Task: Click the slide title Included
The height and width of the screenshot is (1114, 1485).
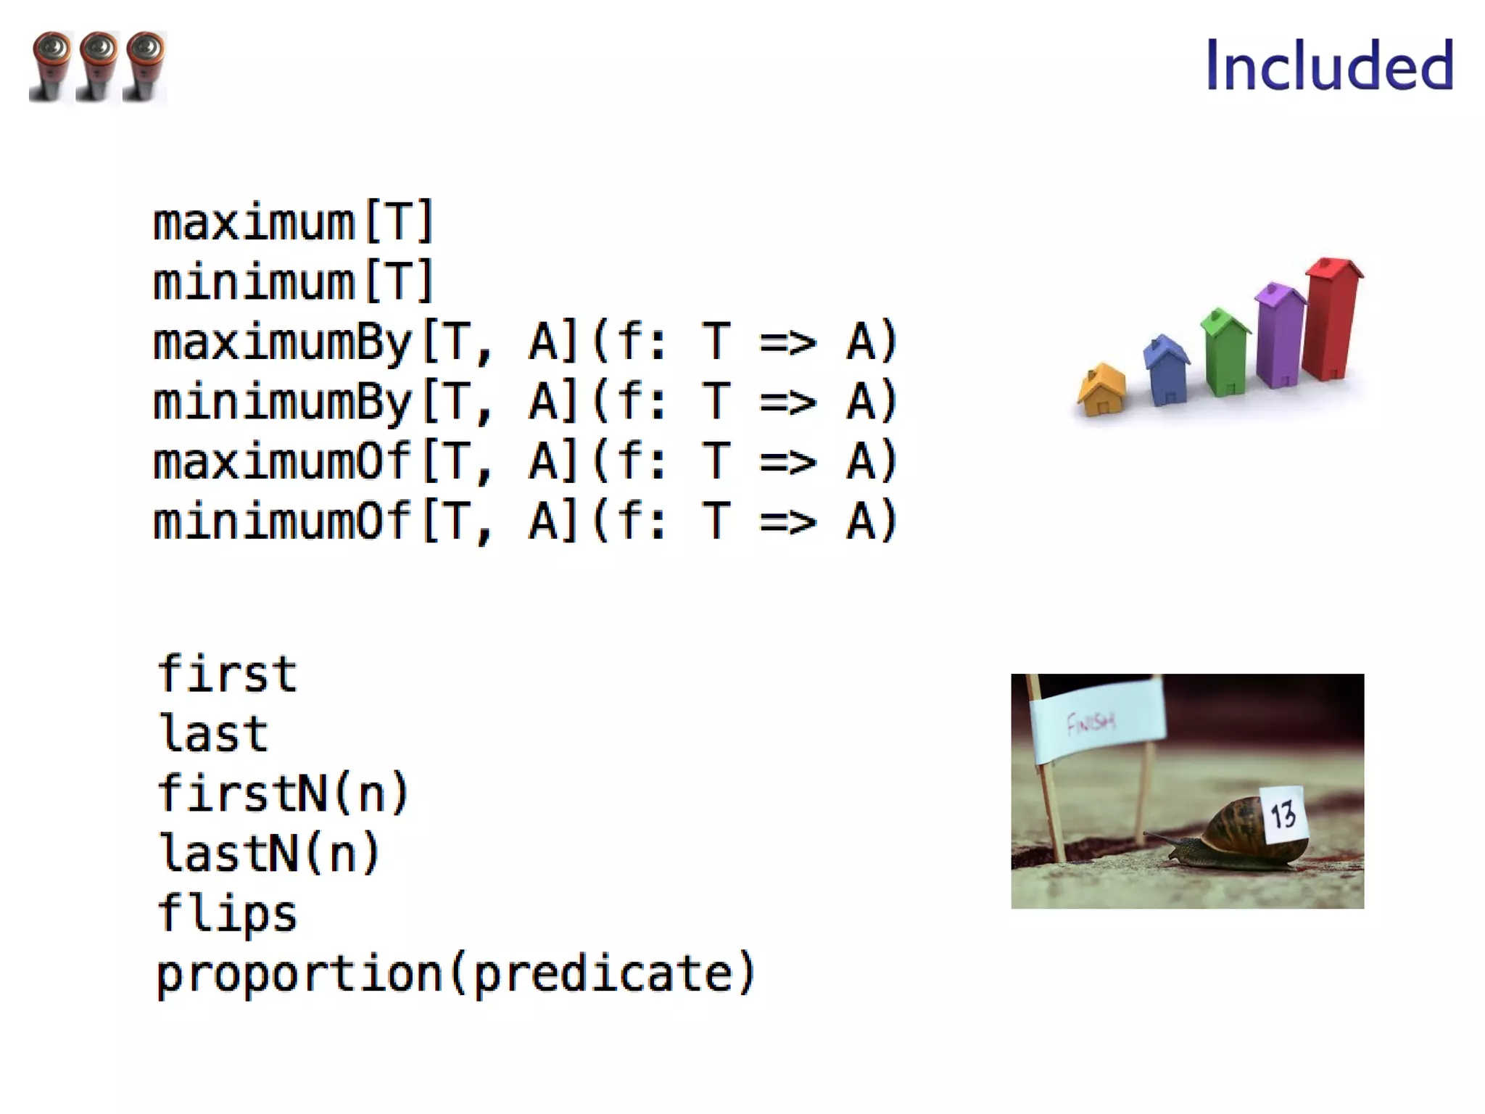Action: coord(1328,66)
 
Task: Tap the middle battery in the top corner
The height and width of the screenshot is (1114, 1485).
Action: coord(98,67)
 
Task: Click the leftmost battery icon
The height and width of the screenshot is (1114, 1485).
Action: coord(51,67)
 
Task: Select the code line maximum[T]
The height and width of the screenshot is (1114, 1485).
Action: coord(293,222)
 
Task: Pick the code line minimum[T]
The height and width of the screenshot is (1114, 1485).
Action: coord(293,281)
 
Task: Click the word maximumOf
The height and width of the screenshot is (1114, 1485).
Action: coord(281,462)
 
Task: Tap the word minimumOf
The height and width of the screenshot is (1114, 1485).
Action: coord(281,521)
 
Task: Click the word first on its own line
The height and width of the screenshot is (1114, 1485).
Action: coord(227,674)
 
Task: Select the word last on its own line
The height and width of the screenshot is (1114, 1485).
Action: coord(213,734)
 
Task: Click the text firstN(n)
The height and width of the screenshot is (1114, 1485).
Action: coord(283,793)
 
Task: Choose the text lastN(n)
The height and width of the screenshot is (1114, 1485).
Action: coord(268,853)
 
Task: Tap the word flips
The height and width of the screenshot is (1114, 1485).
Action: coord(227,914)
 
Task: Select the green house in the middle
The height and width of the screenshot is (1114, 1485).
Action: coord(1225,352)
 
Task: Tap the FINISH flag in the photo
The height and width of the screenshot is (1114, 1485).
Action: coord(1095,719)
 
